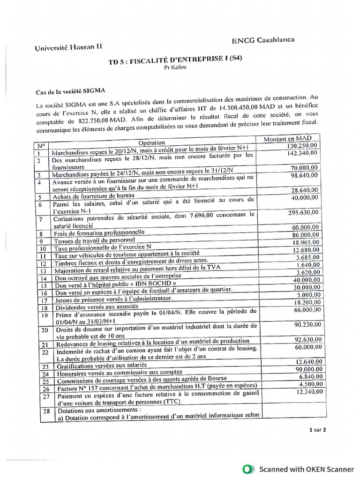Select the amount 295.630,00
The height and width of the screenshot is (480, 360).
point(303,212)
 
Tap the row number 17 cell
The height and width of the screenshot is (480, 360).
point(44,300)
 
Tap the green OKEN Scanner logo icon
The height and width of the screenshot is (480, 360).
point(248,469)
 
